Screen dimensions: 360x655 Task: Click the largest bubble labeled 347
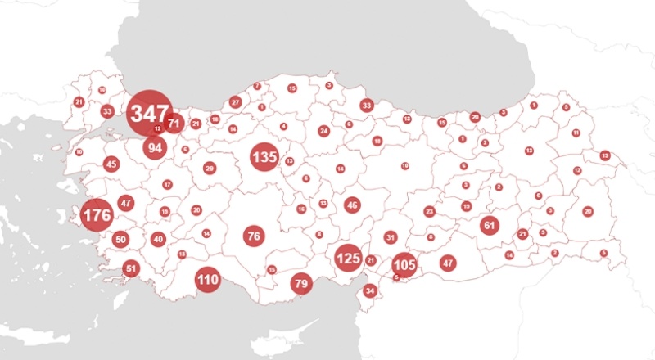pos(150,113)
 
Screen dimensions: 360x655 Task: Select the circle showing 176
pos(97,216)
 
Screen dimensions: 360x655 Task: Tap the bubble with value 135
pos(264,157)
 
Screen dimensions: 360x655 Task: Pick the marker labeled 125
pos(348,259)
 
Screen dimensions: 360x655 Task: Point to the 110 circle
pos(208,280)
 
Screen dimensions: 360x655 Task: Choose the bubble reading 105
pos(404,265)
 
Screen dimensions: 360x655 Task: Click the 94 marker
pos(155,147)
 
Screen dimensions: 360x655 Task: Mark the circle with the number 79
pos(302,284)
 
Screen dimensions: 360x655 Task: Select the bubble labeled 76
pos(254,236)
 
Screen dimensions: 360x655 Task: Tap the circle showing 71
pos(174,124)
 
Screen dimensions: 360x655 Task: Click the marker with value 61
pos(490,225)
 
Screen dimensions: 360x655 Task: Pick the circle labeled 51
pos(131,268)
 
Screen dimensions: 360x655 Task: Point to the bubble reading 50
pos(121,240)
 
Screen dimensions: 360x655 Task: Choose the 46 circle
pos(352,205)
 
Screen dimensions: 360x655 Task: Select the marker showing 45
pos(111,164)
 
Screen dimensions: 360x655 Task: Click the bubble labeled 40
pos(158,239)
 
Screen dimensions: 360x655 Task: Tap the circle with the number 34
pos(370,290)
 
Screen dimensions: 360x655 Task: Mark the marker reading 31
pos(391,237)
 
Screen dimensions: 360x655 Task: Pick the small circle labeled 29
pos(210,169)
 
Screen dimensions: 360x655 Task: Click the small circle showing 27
pos(236,102)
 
